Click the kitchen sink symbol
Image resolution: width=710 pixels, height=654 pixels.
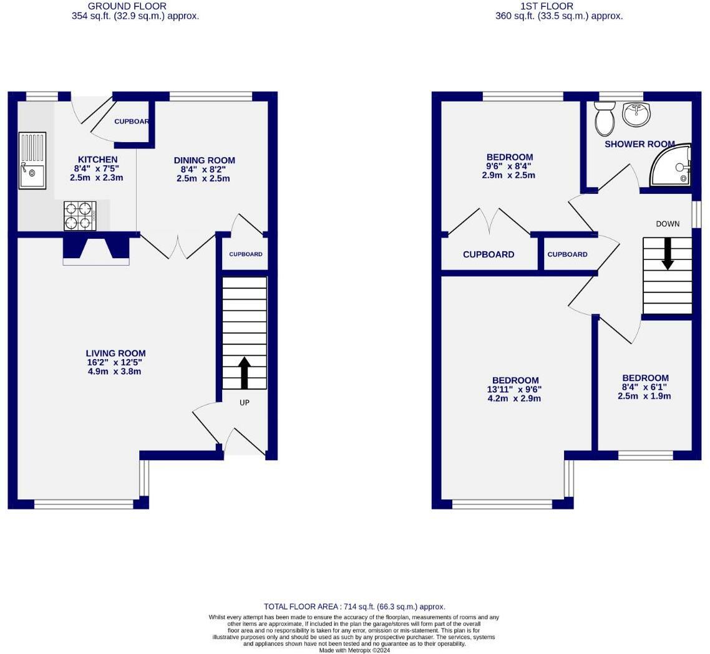pyautogui.click(x=32, y=160)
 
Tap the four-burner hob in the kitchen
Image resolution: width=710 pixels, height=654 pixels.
pyautogui.click(x=80, y=216)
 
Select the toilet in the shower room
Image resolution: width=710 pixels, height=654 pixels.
pyautogui.click(x=604, y=119)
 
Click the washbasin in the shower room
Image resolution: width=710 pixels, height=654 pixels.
pyautogui.click(x=636, y=114)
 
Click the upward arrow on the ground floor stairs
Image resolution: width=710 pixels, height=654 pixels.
pyautogui.click(x=244, y=372)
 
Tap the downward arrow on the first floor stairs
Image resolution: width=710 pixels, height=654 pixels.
pyautogui.click(x=668, y=253)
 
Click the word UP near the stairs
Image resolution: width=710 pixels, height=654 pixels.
pyautogui.click(x=245, y=403)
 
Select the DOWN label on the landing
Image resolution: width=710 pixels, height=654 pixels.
pyautogui.click(x=668, y=224)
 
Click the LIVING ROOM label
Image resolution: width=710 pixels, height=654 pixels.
pyautogui.click(x=116, y=353)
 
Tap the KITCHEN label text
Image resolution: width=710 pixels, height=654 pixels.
pyautogui.click(x=97, y=160)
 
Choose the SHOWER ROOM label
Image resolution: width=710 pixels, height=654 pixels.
pyautogui.click(x=639, y=144)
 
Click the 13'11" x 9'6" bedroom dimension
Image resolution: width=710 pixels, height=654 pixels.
pyautogui.click(x=515, y=389)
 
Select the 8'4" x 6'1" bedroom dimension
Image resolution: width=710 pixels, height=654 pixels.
pyautogui.click(x=644, y=387)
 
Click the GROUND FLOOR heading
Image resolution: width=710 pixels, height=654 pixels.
pyautogui.click(x=127, y=6)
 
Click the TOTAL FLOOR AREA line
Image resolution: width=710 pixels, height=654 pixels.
pyautogui.click(x=354, y=606)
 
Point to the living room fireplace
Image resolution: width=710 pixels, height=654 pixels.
pyautogui.click(x=95, y=249)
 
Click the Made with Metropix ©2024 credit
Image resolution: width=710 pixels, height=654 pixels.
pyautogui.click(x=354, y=650)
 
